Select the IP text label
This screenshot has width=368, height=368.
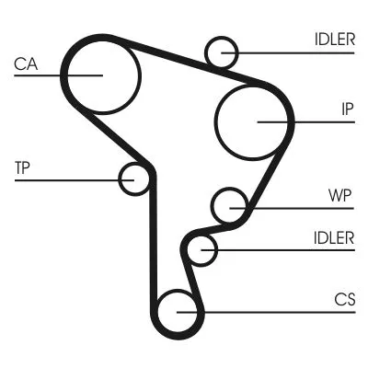click(x=347, y=109)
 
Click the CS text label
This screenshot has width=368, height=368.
click(x=344, y=299)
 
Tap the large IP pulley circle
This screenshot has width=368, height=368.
click(x=253, y=120)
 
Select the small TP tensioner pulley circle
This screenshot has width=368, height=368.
click(x=135, y=178)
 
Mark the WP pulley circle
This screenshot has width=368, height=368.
click(x=228, y=205)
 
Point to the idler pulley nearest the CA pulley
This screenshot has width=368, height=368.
click(x=223, y=52)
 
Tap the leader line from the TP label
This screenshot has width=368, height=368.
click(x=64, y=178)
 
